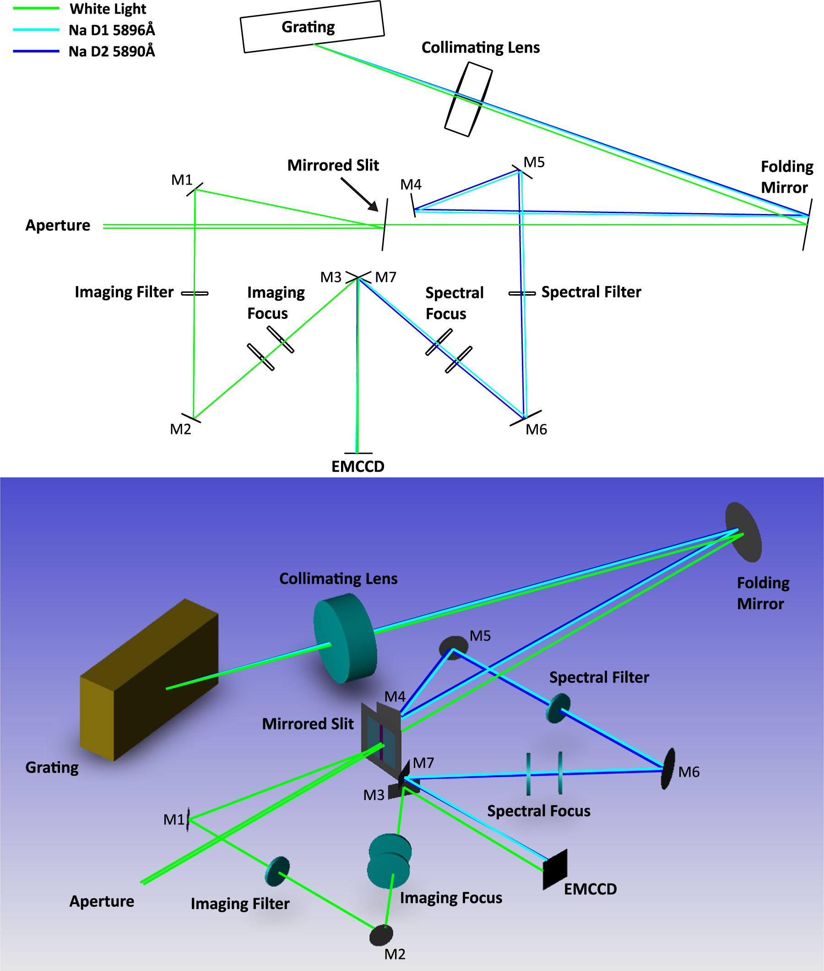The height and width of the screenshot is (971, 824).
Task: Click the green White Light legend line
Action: pyautogui.click(x=36, y=8)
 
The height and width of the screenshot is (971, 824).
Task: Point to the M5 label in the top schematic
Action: pyautogui.click(x=534, y=162)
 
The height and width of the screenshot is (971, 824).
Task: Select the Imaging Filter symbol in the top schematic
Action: pyautogui.click(x=195, y=293)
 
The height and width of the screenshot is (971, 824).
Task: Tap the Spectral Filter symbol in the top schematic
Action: pyautogui.click(x=522, y=293)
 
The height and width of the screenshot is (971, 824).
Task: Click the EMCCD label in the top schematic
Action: pyautogui.click(x=358, y=466)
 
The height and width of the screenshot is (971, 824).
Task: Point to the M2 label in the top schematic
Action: pyautogui.click(x=180, y=429)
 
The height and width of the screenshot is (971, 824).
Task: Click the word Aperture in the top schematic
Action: pyautogui.click(x=58, y=225)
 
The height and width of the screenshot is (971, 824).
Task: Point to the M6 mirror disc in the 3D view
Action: pyautogui.click(x=668, y=768)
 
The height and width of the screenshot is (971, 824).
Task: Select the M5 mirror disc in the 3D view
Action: pyautogui.click(x=453, y=647)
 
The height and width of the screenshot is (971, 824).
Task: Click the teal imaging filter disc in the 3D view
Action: pyautogui.click(x=277, y=871)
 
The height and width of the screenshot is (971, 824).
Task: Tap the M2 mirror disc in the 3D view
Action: pyautogui.click(x=381, y=935)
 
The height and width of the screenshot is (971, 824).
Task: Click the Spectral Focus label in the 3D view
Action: pyautogui.click(x=538, y=811)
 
